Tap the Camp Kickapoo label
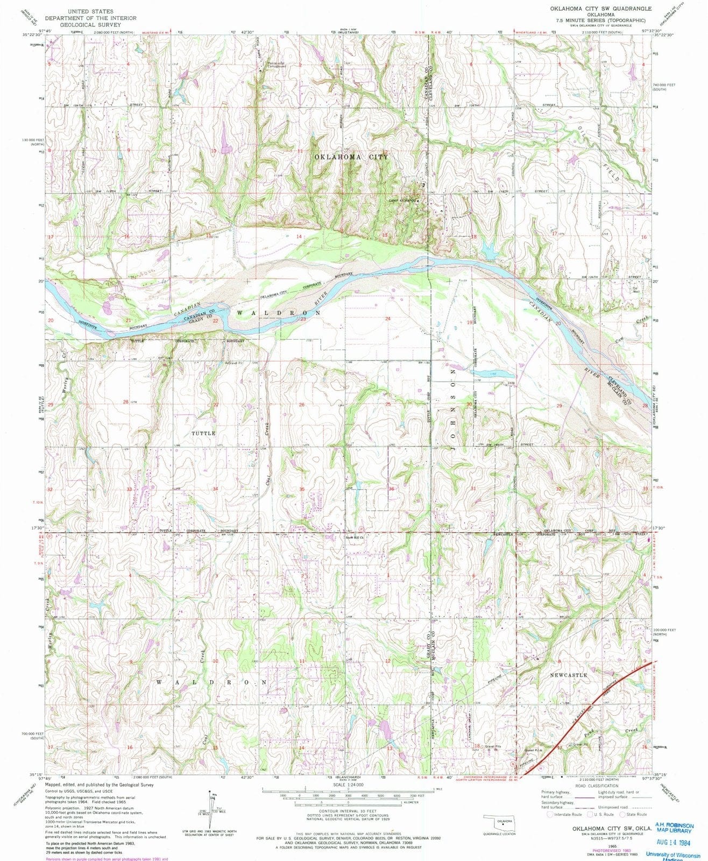click(x=404, y=201)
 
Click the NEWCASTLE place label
click(x=569, y=675)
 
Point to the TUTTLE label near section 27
click(x=203, y=433)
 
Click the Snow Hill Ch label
click(x=355, y=537)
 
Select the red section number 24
click(x=387, y=319)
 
